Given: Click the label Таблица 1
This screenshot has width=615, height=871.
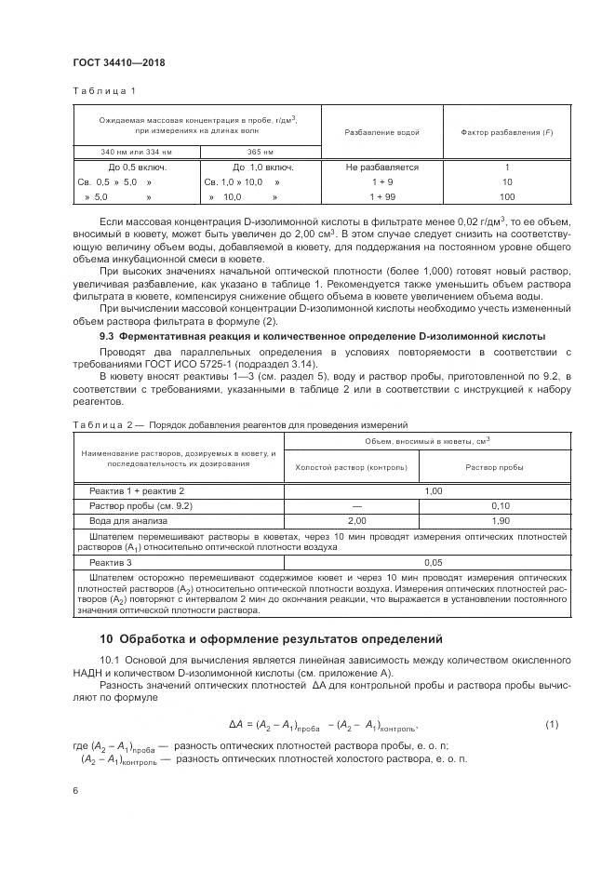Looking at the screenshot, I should (x=104, y=91).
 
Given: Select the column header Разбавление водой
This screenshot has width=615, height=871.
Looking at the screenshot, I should (x=381, y=132).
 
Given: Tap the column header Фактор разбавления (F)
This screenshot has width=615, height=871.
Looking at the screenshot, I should (x=507, y=132).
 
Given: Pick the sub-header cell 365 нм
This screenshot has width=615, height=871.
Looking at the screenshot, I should (x=260, y=152).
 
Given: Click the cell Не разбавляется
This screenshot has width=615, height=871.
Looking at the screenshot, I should (x=381, y=167).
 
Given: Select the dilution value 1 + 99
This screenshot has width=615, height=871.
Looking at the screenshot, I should (x=381, y=197).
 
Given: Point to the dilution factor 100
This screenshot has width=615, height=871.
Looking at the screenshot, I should (x=507, y=197).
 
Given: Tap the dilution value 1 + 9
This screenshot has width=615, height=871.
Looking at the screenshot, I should (x=381, y=182).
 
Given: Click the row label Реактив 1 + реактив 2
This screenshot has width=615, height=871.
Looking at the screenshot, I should (x=137, y=489).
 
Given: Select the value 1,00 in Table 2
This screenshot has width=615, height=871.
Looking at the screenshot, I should (x=433, y=489).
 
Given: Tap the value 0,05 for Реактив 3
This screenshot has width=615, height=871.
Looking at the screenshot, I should (x=433, y=563).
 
